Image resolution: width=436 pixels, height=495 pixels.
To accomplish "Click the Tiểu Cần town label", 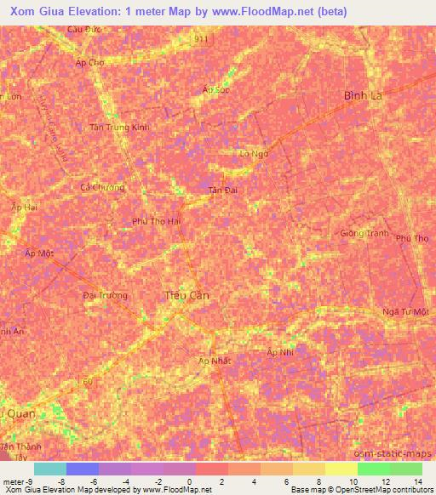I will (186, 295).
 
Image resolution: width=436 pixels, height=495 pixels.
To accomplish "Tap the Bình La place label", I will (363, 96).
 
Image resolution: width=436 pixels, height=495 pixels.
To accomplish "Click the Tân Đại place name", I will (223, 191).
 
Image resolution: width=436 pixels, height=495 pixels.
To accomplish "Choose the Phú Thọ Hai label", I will (156, 221).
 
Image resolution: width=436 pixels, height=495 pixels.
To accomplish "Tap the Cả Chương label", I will (101, 187).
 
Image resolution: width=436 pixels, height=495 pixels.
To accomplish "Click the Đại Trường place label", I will (106, 295).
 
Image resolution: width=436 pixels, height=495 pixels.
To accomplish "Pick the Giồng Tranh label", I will (364, 233).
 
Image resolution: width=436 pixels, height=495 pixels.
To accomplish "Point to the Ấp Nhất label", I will (215, 361).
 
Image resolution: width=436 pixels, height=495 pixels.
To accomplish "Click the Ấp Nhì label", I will (280, 352).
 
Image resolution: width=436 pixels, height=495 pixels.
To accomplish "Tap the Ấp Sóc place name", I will (216, 89).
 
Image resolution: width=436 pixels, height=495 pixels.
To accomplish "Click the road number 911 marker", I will (199, 39).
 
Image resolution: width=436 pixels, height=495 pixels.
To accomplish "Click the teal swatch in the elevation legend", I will (49, 469).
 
